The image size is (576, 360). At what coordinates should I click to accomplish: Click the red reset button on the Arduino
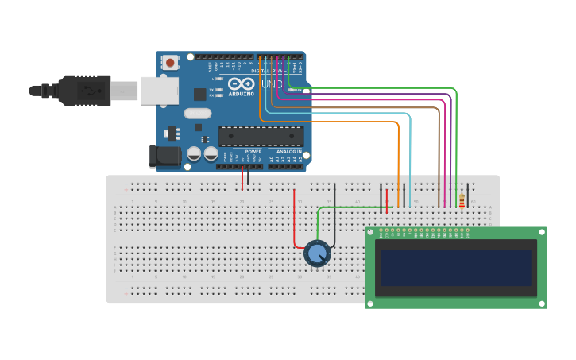tap(170, 62)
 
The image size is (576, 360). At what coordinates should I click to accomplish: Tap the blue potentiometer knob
tap(317, 254)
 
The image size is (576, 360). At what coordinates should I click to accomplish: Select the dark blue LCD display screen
tap(455, 268)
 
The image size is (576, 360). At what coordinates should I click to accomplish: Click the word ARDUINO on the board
tap(242, 93)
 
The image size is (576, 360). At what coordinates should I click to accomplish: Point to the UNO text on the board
tap(272, 83)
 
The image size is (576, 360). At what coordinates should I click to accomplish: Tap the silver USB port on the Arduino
tap(160, 91)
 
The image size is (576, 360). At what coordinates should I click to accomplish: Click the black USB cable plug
tap(83, 91)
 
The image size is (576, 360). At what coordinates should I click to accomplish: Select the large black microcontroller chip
tap(261, 136)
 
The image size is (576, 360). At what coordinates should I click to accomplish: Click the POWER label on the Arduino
tap(253, 151)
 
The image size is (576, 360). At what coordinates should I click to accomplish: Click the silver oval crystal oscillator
tap(197, 113)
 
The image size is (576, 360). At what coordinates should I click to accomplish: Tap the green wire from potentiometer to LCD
tap(350, 207)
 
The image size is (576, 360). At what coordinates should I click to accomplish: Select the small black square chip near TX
tap(199, 94)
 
